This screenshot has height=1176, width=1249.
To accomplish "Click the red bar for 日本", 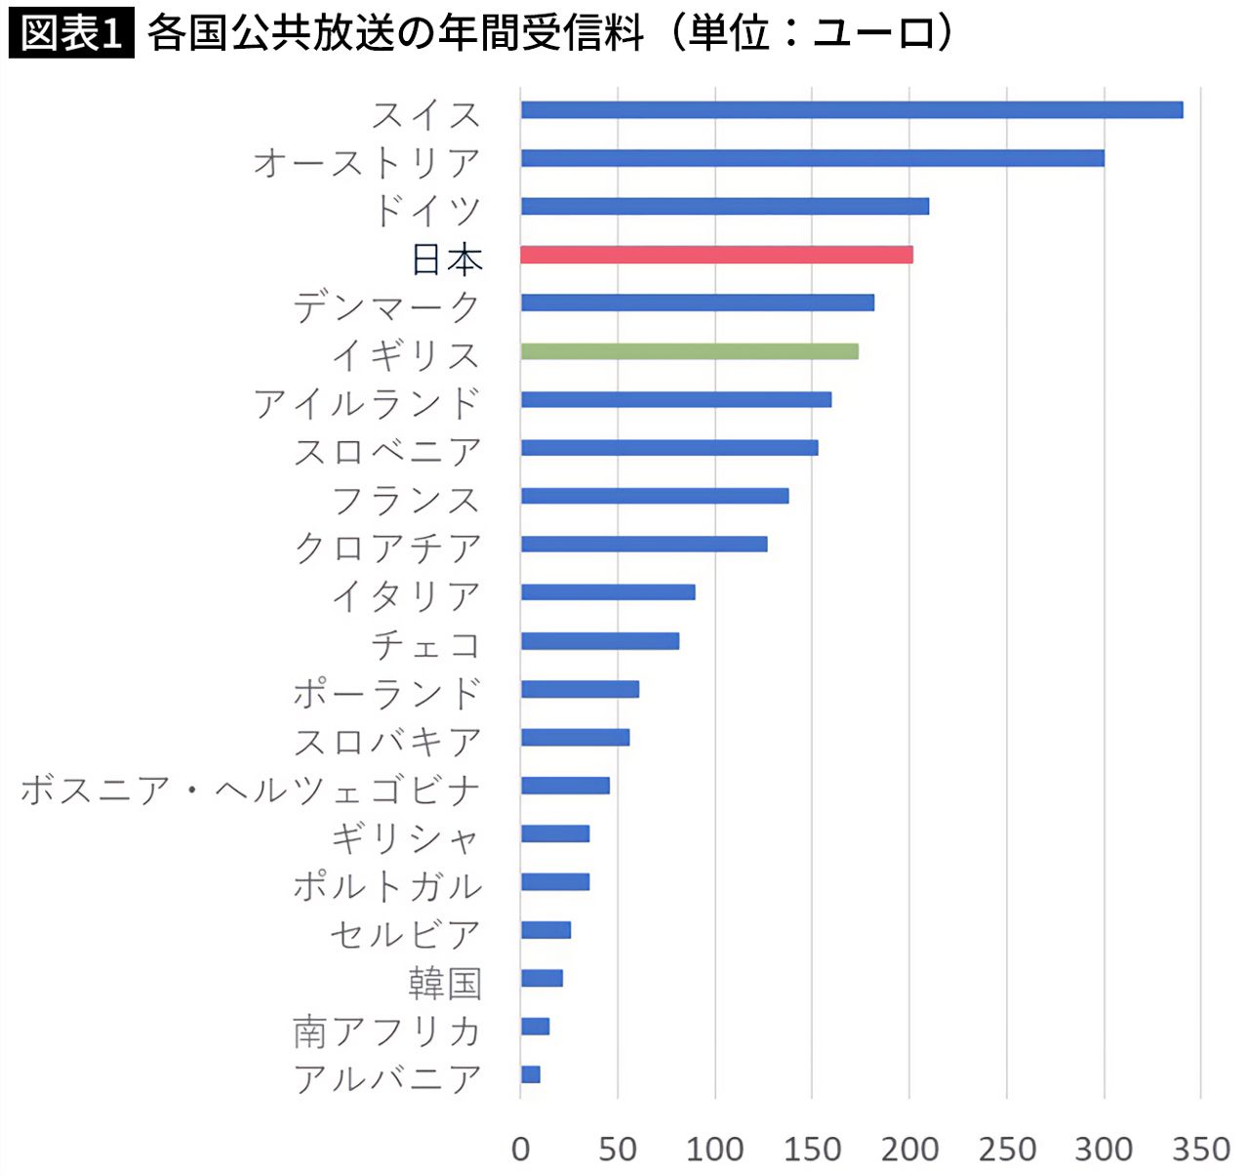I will pyautogui.click(x=717, y=255).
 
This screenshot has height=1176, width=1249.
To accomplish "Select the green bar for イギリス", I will pyautogui.click(x=690, y=351).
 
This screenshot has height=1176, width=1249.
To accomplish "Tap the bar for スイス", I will pyautogui.click(x=852, y=109).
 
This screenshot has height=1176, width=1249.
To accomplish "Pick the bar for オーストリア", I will pyautogui.click(x=813, y=158).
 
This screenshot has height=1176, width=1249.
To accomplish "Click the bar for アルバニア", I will pyautogui.click(x=531, y=1075).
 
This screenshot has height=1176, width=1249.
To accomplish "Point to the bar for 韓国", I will pyautogui.click(x=543, y=978).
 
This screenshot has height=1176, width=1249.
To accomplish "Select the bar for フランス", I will pyautogui.click(x=655, y=496).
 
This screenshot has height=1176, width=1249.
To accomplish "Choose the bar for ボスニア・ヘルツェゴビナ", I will pyautogui.click(x=566, y=786).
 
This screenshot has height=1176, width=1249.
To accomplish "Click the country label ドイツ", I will pyautogui.click(x=427, y=209).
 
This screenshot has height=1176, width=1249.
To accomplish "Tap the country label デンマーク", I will pyautogui.click(x=387, y=305).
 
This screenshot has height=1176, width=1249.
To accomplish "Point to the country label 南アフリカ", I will pyautogui.click(x=387, y=1031).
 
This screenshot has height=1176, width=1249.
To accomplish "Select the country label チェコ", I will pyautogui.click(x=426, y=644).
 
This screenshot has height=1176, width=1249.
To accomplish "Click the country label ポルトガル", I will pyautogui.click(x=387, y=885).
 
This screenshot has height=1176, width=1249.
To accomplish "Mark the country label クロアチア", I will pyautogui.click(x=387, y=547).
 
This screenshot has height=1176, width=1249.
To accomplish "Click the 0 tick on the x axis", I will pyautogui.click(x=521, y=1149).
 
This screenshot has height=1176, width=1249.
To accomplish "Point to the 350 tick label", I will pyautogui.click(x=1201, y=1149).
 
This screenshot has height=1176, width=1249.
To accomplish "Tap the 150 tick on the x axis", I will pyautogui.click(x=813, y=1149).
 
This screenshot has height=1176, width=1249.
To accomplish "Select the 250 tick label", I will pyautogui.click(x=1007, y=1149).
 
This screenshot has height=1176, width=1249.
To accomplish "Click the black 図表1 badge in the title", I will pyautogui.click(x=71, y=33).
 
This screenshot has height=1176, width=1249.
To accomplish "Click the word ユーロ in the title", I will pyautogui.click(x=872, y=33).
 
